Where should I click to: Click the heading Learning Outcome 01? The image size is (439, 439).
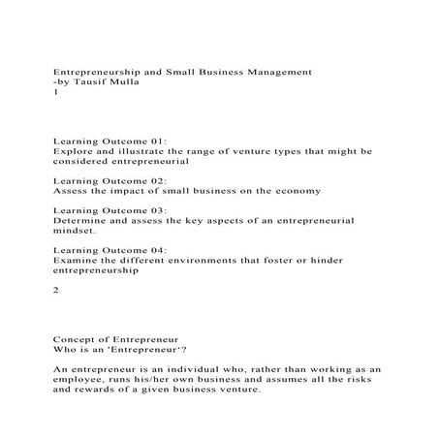(x=110, y=141)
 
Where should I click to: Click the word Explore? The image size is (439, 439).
(x=73, y=151)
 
